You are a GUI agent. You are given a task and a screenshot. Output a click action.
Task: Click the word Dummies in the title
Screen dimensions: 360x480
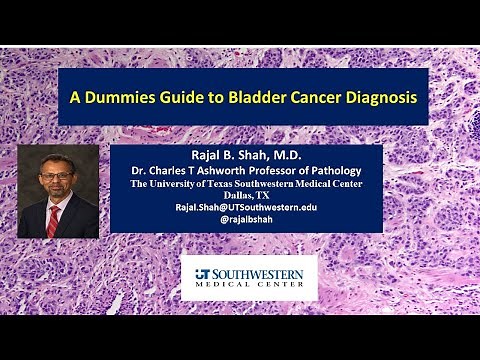[124, 99]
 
